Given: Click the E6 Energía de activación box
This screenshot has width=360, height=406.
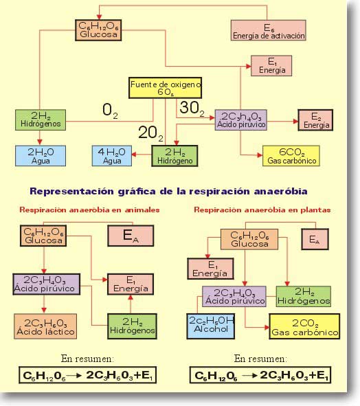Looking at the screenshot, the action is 269,30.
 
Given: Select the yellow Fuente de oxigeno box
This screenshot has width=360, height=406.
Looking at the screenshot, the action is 166,88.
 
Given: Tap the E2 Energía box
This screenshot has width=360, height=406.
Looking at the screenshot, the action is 315,120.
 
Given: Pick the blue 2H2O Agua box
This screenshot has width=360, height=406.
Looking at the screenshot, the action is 41,156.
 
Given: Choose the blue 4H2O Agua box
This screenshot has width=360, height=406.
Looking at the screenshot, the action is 112,156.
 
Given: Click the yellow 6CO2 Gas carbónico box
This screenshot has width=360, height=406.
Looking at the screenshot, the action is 291,156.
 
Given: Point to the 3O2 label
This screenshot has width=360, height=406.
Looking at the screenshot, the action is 192,109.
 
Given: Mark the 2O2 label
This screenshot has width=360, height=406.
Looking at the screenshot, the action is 150,133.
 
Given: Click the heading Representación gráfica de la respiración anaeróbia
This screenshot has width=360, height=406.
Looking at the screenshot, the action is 168,192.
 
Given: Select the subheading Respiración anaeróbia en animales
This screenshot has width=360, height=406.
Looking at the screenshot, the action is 89,210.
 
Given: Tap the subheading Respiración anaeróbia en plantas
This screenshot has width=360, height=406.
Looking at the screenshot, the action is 262,210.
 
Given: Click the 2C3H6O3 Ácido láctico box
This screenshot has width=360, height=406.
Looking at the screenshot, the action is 45,326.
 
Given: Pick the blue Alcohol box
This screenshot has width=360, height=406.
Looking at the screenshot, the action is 211,326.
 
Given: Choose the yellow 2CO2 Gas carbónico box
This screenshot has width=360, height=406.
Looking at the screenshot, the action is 304,326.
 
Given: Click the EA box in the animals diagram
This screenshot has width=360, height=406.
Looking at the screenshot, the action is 131,236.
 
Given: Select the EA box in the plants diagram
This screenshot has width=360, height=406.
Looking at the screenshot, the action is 315,239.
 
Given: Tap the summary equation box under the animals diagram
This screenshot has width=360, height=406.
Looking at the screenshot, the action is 87,375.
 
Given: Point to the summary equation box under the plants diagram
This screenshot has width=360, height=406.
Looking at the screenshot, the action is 260,375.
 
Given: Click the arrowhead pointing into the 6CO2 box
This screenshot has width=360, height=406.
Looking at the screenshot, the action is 260,155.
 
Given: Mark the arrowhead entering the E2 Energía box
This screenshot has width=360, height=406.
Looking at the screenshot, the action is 295,121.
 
